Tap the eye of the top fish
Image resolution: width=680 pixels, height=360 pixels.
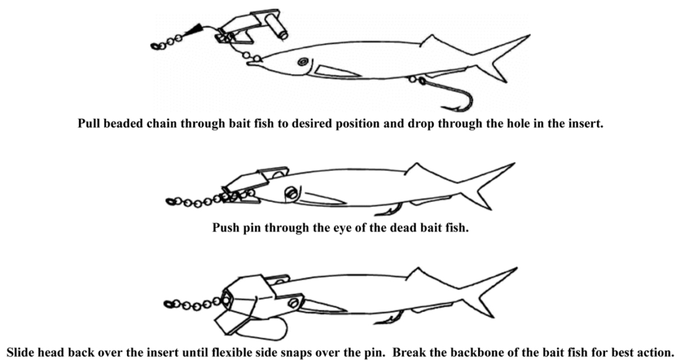(x=303, y=62)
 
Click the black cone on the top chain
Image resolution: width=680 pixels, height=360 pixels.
(x=194, y=30)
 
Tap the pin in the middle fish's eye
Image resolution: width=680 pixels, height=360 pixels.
(x=292, y=193)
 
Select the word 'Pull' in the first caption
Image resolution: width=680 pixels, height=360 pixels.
(x=88, y=124)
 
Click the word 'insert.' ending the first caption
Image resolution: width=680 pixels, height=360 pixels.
(x=586, y=124)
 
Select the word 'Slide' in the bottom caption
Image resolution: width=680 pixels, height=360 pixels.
(x=21, y=351)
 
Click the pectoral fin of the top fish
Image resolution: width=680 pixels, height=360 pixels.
(x=336, y=71)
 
